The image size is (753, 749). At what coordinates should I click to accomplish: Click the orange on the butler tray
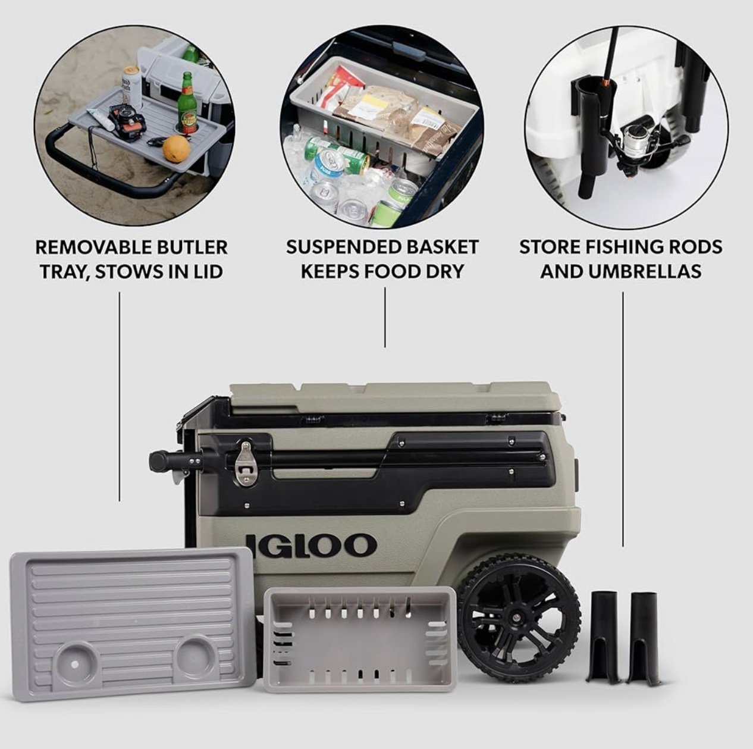click(x=176, y=149)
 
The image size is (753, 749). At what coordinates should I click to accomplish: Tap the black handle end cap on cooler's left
click(x=156, y=461)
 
